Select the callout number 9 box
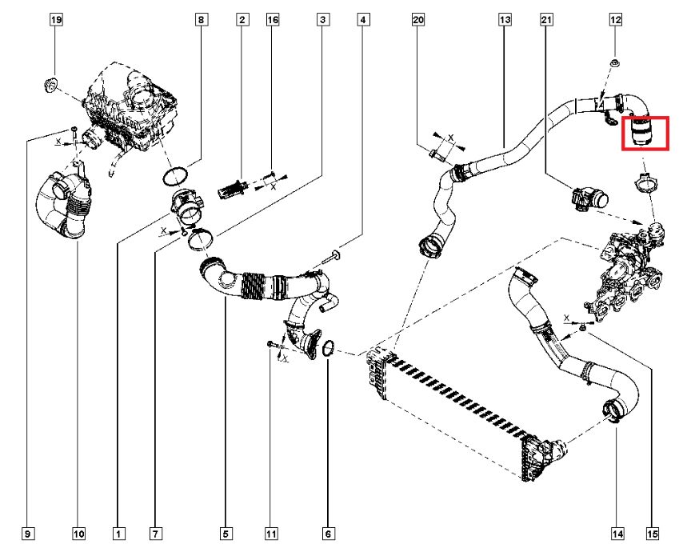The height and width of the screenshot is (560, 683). [29, 532]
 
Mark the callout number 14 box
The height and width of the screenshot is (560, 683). [617, 532]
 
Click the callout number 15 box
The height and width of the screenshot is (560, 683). [653, 532]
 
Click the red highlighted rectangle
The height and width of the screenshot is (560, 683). [646, 133]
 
